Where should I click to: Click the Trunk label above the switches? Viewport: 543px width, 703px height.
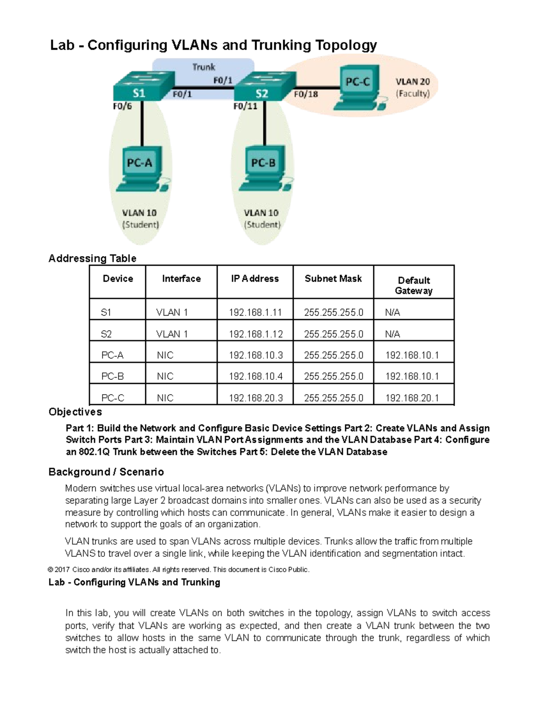pyautogui.click(x=204, y=67)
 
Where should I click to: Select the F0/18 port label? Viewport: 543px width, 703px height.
pyautogui.click(x=306, y=94)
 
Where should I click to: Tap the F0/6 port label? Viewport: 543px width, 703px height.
pyautogui.click(x=122, y=106)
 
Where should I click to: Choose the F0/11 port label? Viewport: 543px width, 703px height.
pyautogui.click(x=245, y=106)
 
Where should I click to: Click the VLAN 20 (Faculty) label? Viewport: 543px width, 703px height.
pyautogui.click(x=412, y=88)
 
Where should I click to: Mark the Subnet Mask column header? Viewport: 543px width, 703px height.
pyautogui.click(x=333, y=279)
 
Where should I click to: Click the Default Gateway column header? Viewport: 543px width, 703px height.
pyautogui.click(x=414, y=285)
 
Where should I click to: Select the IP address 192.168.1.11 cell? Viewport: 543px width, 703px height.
pyautogui.click(x=255, y=312)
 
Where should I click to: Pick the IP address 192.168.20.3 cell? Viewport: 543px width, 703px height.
pyautogui.click(x=256, y=398)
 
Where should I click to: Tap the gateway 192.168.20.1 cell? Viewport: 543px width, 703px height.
pyautogui.click(x=412, y=398)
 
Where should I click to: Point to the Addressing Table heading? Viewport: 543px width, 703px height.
pyautogui.click(x=92, y=258)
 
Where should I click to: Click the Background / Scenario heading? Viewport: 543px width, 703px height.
pyautogui.click(x=106, y=472)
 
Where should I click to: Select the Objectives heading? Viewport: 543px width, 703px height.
pyautogui.click(x=75, y=412)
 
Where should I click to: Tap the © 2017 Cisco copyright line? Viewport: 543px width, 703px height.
pyautogui.click(x=179, y=569)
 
